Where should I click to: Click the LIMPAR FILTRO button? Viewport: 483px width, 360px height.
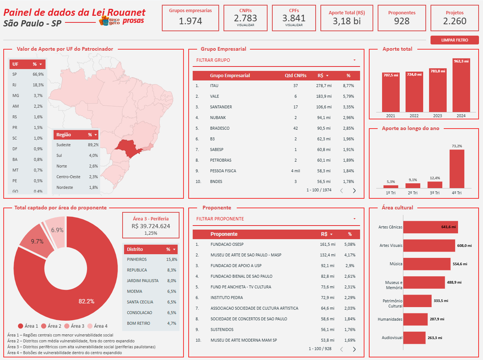[x=454, y=40]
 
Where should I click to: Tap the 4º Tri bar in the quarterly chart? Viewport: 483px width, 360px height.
[x=457, y=169]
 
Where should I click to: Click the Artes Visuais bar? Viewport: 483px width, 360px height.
[x=429, y=245]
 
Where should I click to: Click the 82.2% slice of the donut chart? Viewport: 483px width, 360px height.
[x=86, y=294]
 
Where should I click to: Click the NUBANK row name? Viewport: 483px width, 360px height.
[x=218, y=118]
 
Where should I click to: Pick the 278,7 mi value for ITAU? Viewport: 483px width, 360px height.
[x=324, y=86]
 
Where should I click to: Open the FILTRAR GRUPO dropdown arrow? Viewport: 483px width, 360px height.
[x=355, y=60]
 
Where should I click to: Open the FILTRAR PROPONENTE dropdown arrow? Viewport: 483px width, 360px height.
[x=355, y=219]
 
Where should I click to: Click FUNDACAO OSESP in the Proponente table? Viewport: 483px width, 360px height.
[x=227, y=244]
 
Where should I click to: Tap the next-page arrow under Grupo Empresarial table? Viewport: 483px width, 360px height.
[x=354, y=190]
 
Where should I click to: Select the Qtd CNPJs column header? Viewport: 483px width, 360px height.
[x=295, y=76]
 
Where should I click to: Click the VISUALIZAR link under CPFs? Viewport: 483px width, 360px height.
[x=294, y=25]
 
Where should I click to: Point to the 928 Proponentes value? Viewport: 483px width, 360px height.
[x=402, y=21]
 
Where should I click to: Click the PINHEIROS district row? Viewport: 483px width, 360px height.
[x=137, y=259]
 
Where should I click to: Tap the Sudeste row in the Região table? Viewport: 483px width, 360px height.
[x=63, y=145]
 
